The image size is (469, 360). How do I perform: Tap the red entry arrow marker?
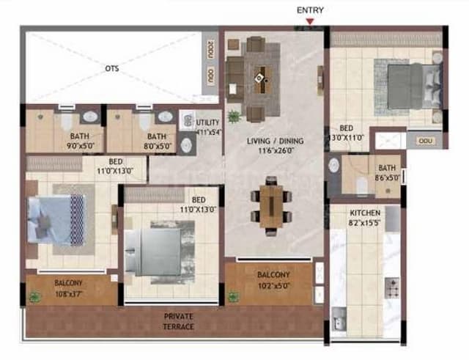(311, 22)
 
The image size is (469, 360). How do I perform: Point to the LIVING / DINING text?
(275, 141)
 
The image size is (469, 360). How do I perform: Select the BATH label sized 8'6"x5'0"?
(385, 172)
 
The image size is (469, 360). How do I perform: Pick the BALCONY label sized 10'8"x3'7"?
(68, 287)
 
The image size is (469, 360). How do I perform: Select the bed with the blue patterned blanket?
(58, 219)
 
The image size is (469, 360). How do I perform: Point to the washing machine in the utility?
(187, 122)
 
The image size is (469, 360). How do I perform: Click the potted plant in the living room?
(234, 115)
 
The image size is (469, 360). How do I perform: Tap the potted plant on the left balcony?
(34, 297)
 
